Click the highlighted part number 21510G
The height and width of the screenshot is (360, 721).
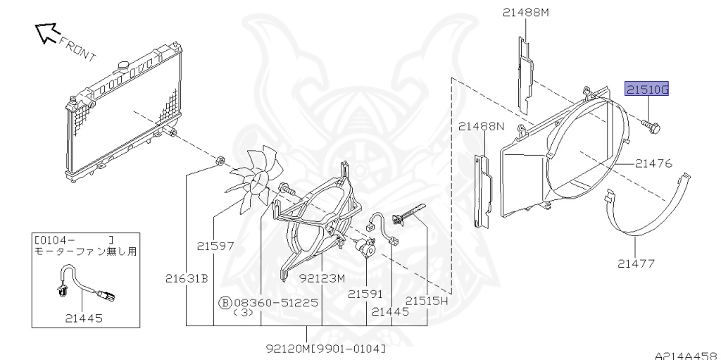point(646,88)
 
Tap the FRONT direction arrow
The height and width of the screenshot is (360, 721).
point(47,32)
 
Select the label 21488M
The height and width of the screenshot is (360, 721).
point(525,13)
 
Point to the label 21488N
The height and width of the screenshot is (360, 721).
point(480,126)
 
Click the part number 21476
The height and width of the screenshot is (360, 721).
point(653,163)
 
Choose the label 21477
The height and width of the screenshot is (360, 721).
point(636,263)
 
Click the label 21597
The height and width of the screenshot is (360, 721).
point(215,247)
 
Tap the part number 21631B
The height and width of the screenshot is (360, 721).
point(187,278)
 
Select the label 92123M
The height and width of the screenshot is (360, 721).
point(322,278)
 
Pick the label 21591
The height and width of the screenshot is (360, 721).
point(365,294)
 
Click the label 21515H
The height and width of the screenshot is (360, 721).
point(426,301)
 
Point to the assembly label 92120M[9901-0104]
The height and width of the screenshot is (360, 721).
point(326,349)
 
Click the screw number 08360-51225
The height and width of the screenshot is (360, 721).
point(282,302)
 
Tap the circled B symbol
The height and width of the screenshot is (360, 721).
point(224,302)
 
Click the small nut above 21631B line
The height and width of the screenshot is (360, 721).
point(220,161)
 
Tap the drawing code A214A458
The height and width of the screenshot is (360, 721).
point(687,355)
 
